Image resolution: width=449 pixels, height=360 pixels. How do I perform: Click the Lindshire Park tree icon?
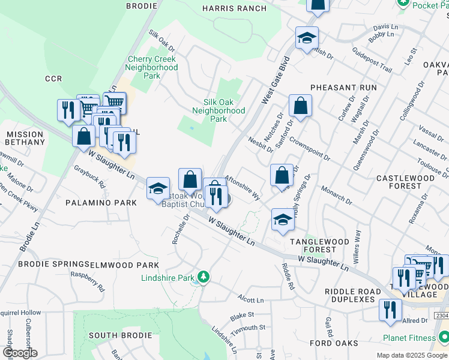click(204, 277)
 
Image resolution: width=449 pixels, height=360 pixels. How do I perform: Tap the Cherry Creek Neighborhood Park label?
click(152, 67)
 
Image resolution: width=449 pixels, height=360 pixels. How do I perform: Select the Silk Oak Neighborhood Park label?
click(216, 110)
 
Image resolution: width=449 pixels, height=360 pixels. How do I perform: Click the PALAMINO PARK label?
click(101, 203)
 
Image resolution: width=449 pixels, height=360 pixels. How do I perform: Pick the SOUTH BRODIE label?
click(116, 335)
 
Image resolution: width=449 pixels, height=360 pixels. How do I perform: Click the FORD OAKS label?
click(334, 343)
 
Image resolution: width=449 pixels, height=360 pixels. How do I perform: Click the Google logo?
click(19, 352)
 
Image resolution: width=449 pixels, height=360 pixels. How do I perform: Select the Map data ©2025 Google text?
click(411, 355)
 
